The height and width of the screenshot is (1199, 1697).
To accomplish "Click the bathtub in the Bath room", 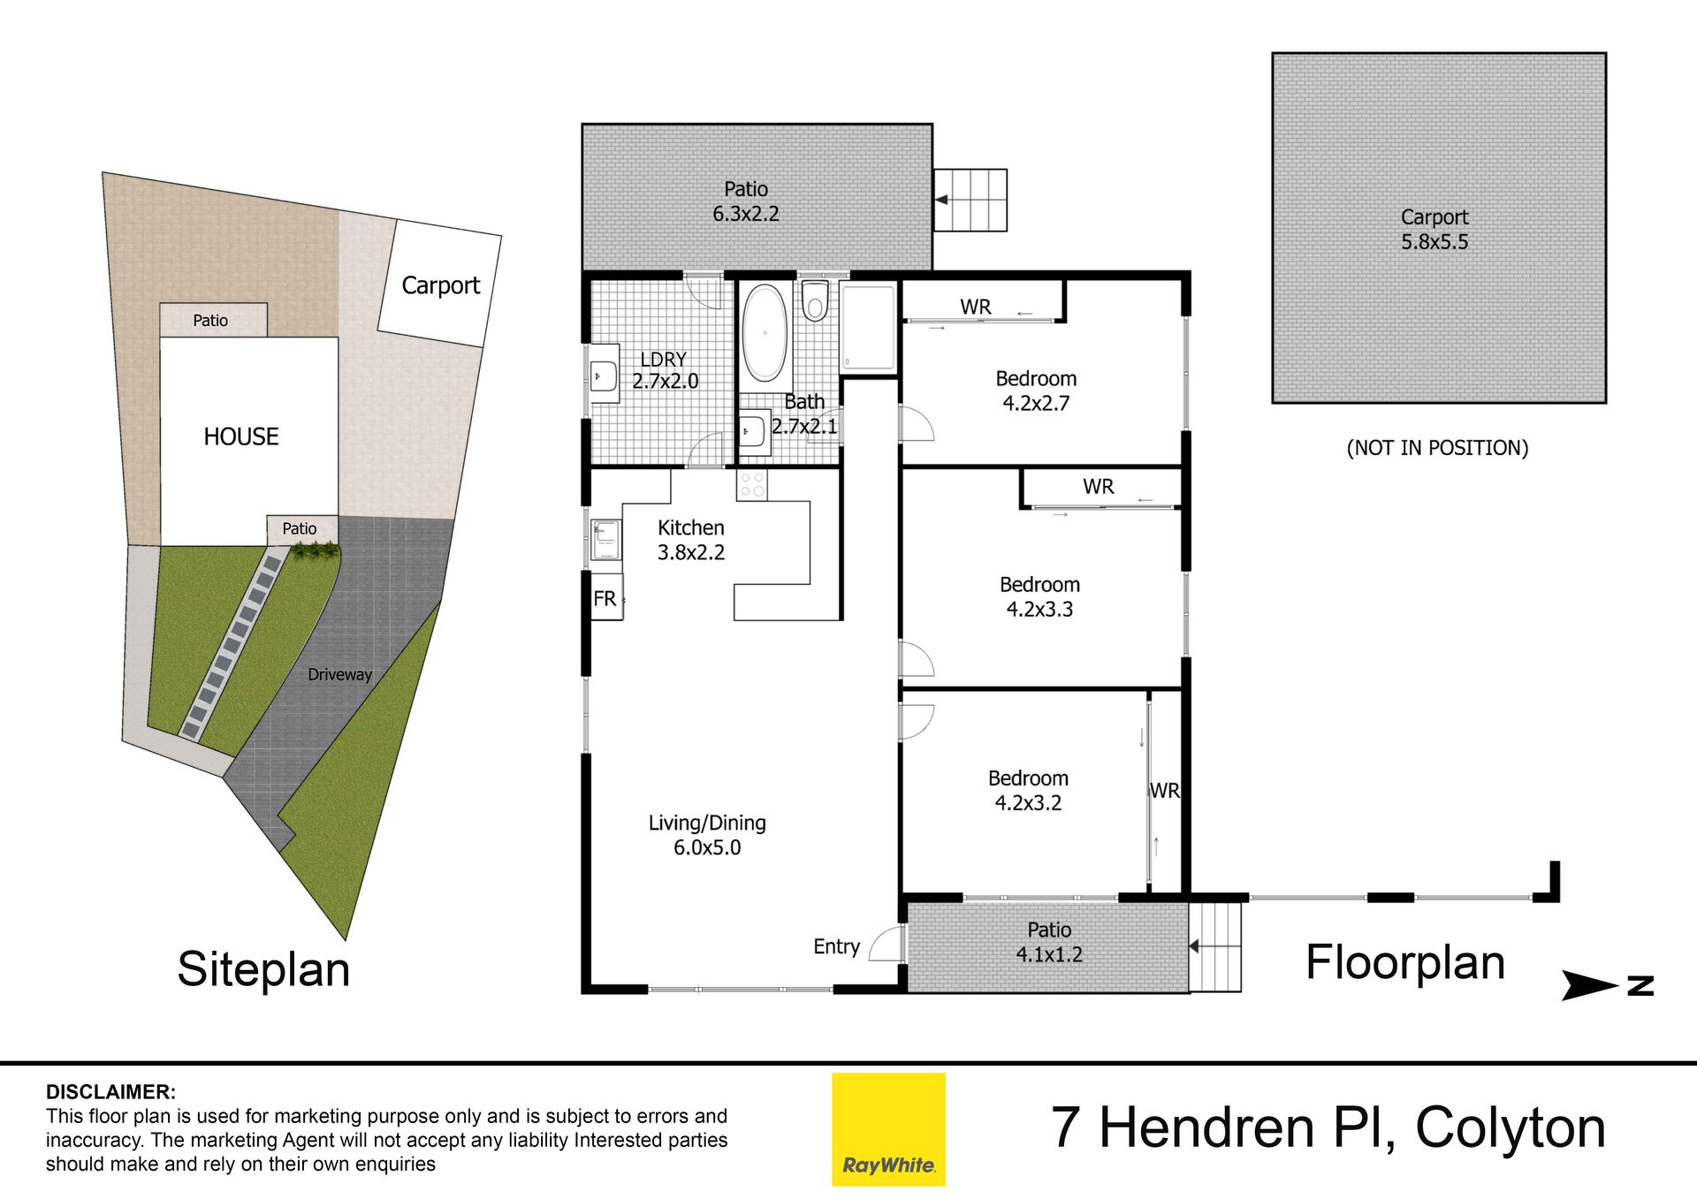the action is click(765, 333).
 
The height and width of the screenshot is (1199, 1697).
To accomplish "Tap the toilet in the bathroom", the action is click(814, 300).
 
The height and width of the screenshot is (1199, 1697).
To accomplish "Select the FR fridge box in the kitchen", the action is click(606, 598).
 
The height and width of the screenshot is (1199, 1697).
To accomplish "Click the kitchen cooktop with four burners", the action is click(752, 485).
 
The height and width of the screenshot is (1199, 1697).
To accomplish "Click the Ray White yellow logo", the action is click(888, 1129).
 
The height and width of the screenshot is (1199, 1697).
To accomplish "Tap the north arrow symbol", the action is click(1607, 985).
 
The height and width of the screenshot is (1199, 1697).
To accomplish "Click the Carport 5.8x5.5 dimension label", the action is click(1434, 230).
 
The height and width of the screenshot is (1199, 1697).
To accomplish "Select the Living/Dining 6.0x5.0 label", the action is click(707, 835).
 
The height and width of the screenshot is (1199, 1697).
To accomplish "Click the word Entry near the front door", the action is click(836, 947).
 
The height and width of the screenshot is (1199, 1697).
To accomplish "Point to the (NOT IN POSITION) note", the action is click(1437, 448).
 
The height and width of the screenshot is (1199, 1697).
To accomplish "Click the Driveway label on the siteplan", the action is click(339, 674).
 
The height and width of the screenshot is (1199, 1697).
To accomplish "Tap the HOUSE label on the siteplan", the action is click(240, 436).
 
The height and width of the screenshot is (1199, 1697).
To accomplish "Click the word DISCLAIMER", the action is click(110, 1092).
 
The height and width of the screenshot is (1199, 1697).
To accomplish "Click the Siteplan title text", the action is click(263, 969).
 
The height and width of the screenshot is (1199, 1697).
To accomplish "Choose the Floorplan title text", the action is click(1405, 962).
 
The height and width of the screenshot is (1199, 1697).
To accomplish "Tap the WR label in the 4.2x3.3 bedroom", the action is click(1099, 487).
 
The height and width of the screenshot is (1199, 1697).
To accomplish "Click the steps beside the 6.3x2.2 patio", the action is click(970, 201).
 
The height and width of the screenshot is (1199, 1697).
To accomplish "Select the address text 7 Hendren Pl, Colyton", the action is click(1328, 1128).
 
